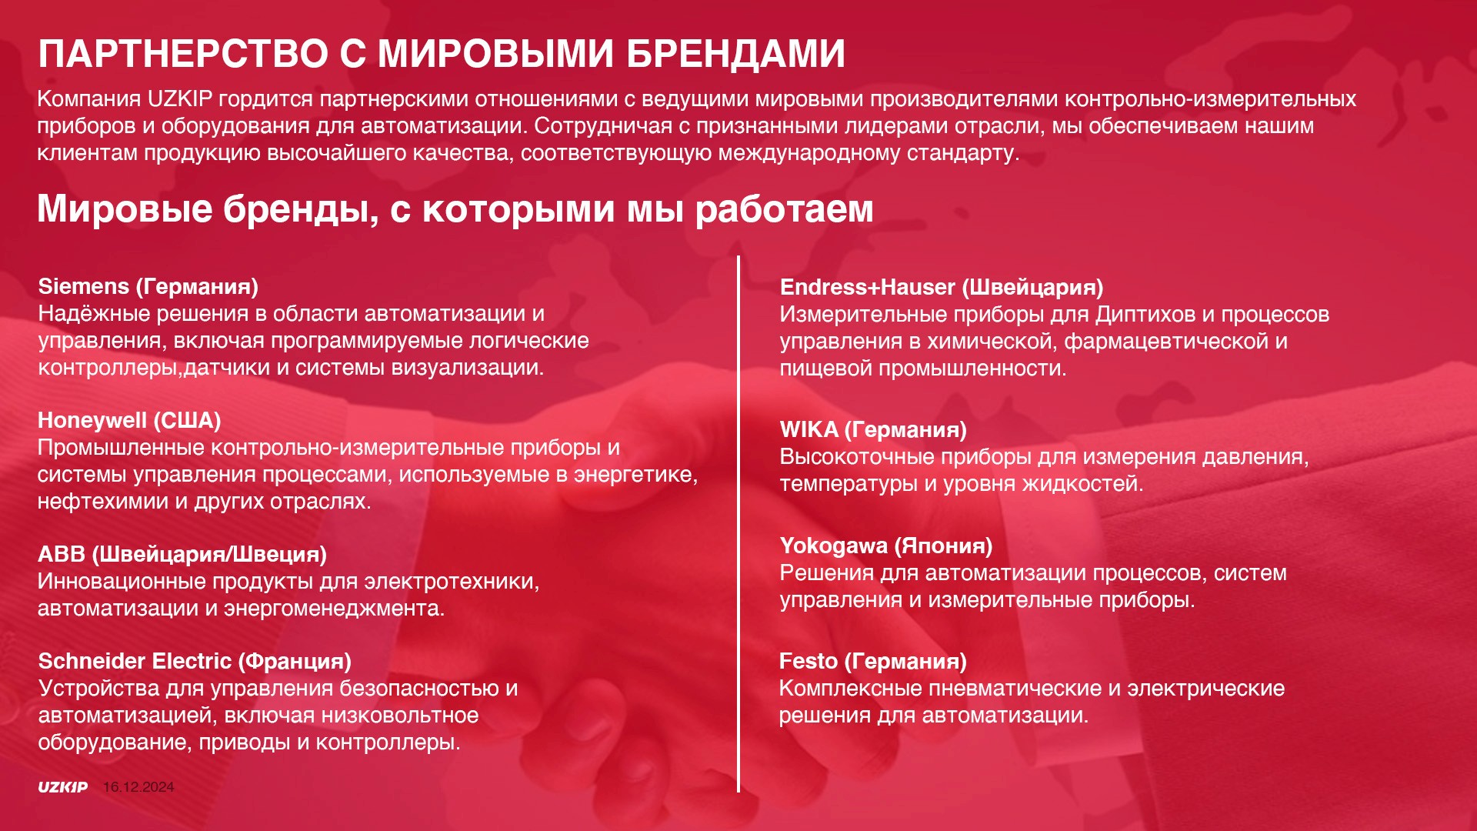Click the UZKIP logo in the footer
coord(63,787)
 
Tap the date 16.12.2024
coord(138,787)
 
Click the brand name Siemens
coord(84,286)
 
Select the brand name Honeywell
coord(92,421)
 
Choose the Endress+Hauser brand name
coord(867,287)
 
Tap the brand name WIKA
coord(809,429)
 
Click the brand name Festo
coord(808,661)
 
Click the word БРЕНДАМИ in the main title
coord(735,54)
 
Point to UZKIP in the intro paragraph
coord(179,99)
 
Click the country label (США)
coord(187,421)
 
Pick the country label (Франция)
coord(295,661)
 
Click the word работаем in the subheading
coord(784,209)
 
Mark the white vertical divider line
coord(738,524)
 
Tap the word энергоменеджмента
coord(334,609)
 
